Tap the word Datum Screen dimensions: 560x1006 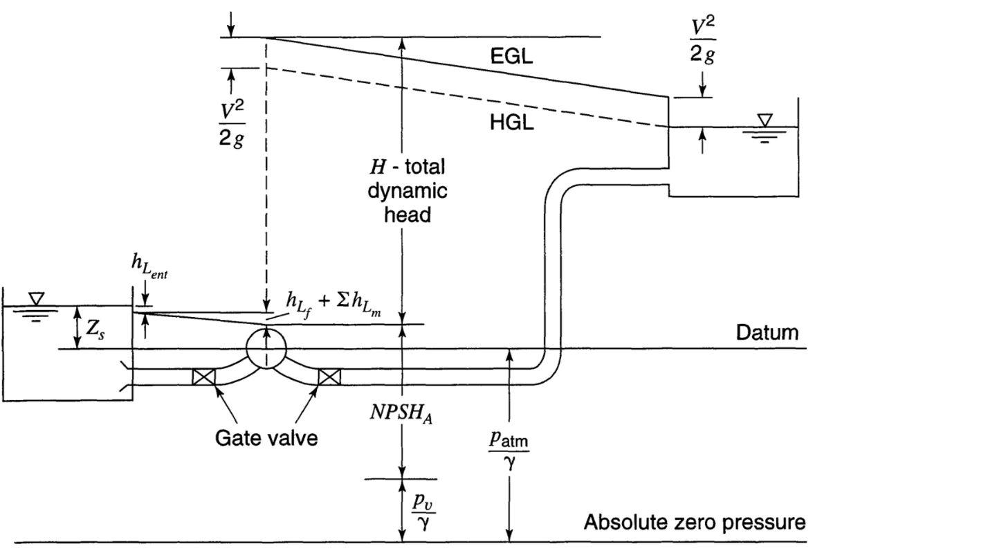767,332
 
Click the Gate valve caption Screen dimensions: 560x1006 266,438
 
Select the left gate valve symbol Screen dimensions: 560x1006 204,377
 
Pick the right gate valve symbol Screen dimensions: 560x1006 329,377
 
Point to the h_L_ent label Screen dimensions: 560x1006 149,264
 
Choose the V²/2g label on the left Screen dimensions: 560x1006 231,123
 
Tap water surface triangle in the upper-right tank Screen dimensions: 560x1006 764,120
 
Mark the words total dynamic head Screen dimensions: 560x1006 408,191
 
